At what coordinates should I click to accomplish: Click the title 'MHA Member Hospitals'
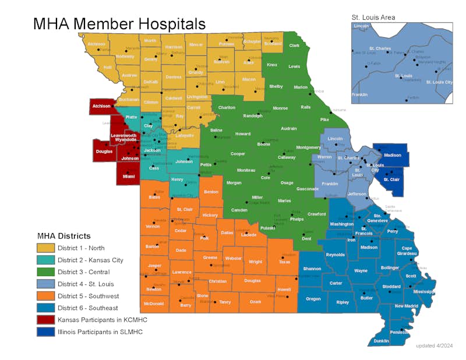pos(119,24)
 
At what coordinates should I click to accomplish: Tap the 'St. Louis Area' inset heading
pos(373,17)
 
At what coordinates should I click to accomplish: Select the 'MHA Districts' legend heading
pos(64,236)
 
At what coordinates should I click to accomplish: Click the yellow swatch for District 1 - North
pos(45,248)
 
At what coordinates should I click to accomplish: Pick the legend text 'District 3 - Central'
pos(83,272)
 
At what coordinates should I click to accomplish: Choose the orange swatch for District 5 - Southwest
pos(45,296)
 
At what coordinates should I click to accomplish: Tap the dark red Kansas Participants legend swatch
pos(45,320)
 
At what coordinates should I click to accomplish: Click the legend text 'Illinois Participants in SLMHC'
pos(100,331)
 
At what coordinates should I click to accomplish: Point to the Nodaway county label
pos(125,57)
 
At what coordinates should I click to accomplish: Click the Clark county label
pos(294,45)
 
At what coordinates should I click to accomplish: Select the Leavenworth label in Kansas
pos(123,136)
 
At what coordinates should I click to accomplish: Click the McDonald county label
pos(154,303)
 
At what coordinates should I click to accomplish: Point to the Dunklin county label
pos(382,341)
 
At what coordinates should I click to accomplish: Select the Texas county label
pos(284,262)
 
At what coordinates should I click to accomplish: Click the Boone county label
pos(264,143)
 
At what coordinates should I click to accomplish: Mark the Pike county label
pos(324,119)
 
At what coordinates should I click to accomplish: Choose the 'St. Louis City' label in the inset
pos(439,82)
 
